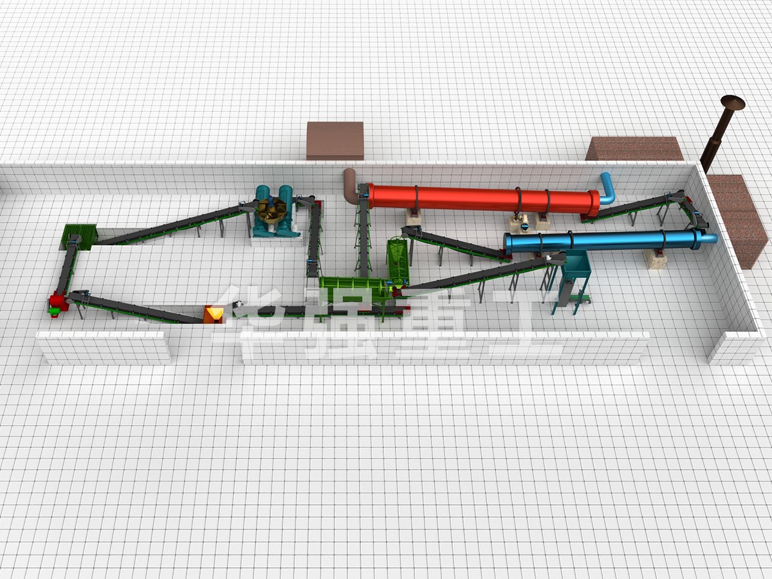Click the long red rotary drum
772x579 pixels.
pos(482,199)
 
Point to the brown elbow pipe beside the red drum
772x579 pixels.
pos(351,185)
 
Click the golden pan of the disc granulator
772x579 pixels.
pos(271,210)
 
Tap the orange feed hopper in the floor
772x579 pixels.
pos(213,314)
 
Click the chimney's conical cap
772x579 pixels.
pos(733,101)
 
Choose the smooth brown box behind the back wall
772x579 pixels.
pos(335,141)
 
